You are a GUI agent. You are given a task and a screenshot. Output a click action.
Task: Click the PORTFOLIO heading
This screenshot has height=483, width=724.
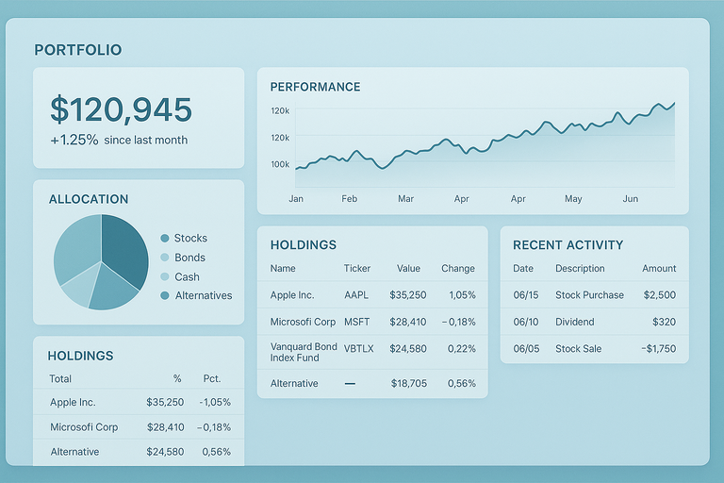pos(78,50)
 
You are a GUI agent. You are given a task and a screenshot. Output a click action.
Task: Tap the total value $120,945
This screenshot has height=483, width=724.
pos(121,110)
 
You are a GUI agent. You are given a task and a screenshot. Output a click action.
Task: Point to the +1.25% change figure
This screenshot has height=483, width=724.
pos(74,140)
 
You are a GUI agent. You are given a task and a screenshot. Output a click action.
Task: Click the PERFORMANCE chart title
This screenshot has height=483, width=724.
pos(315,87)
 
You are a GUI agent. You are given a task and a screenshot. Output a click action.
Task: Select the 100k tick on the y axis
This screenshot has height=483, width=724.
pos(280,164)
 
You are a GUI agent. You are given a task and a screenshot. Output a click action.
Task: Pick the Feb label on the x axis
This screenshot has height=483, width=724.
pos(350,199)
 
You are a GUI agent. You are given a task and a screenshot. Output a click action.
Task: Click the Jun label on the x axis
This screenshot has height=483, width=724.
pos(631,199)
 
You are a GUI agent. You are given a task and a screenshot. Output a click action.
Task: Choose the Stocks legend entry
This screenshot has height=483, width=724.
pos(189,239)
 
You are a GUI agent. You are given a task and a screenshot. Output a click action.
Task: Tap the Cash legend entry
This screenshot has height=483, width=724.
pos(187,276)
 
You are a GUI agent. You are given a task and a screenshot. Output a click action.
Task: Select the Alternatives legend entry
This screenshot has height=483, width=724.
pos(203,295)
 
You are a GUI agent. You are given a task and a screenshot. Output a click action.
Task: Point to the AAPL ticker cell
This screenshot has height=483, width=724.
pos(357,295)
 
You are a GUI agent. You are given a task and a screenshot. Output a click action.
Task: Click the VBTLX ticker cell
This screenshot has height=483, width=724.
pos(358,349)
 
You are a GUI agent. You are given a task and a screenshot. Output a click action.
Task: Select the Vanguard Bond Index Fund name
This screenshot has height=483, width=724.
pos(304,353)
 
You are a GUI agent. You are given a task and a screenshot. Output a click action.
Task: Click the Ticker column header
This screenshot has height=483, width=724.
pos(357,269)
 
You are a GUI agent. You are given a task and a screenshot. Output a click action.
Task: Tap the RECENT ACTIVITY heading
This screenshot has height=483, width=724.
pos(568,245)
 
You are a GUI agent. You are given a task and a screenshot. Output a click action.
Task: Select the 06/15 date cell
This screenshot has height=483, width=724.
pos(523,295)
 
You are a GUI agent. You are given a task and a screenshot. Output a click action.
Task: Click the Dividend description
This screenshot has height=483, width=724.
pos(576,322)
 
